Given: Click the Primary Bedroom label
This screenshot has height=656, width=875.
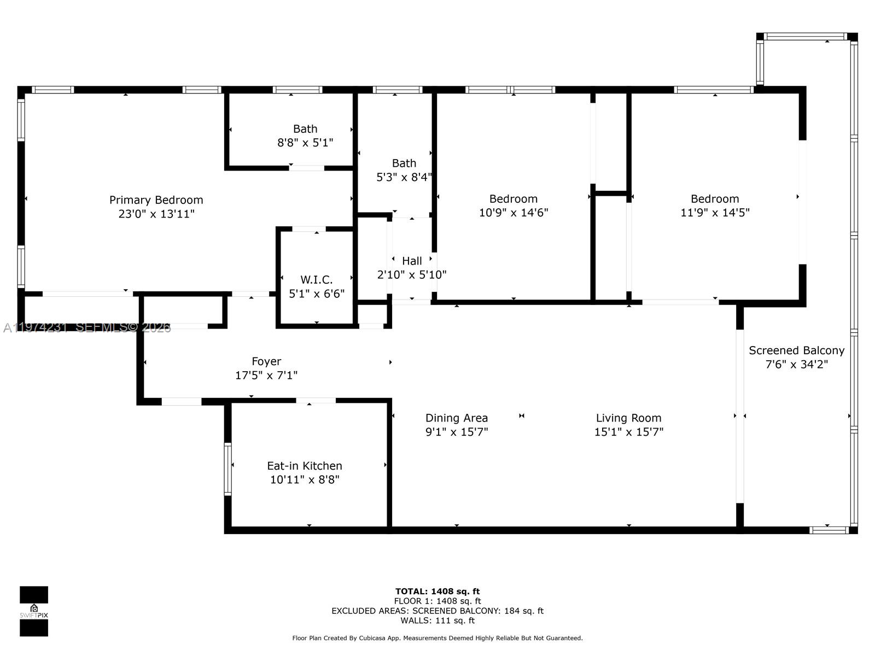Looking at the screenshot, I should pos(156,200).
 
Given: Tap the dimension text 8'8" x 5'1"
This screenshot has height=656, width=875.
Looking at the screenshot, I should pos(305,143).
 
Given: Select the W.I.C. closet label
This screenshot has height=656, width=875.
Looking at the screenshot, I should pos(316,280).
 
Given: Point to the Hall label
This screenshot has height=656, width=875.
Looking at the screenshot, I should pos(412,261).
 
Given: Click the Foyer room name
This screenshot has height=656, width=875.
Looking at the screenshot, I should pos(266,361).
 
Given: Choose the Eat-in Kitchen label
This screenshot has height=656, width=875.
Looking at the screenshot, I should pos(305,466).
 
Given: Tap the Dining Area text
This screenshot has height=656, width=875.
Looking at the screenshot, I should pos(457,418).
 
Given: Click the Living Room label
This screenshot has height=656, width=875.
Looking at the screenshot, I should pos(628,418).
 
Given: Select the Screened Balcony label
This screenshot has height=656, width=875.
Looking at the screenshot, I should pos(796,350).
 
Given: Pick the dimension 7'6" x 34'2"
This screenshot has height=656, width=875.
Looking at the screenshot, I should pos(796,364).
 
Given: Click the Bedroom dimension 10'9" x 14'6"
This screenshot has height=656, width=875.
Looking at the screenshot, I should pos(514,213).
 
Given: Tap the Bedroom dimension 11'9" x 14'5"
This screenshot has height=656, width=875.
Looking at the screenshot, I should pos(715,213).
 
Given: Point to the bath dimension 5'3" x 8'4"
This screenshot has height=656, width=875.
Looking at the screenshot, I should pos(404,177).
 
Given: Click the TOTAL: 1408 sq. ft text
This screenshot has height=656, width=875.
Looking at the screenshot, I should pos(437,591).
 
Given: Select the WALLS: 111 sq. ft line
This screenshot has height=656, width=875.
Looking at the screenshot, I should pos(437,620).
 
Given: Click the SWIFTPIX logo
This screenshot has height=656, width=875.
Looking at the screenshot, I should pos(34,611).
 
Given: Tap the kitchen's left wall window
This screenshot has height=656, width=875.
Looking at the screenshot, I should pos(228,469).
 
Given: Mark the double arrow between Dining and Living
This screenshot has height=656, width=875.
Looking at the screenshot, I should pos(522,416).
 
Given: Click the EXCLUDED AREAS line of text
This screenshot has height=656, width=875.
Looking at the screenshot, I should pos(437,611).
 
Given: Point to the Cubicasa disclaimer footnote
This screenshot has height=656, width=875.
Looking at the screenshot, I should pos(437,638).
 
